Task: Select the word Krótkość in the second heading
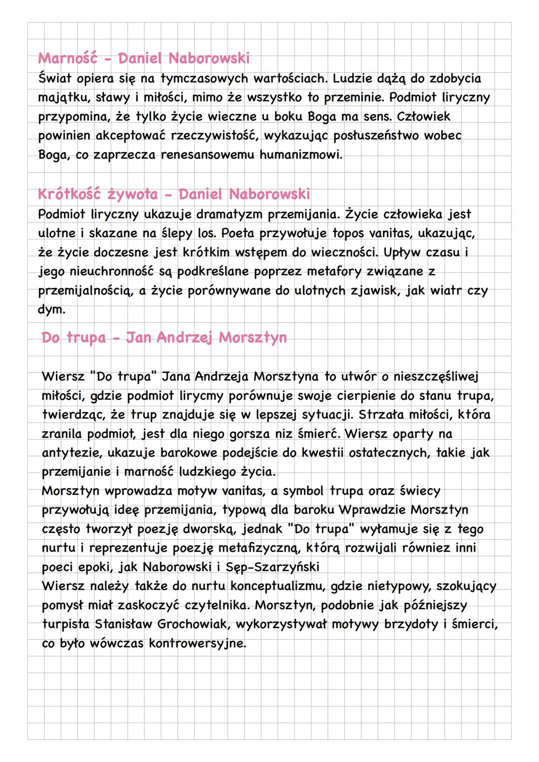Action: click(69, 194)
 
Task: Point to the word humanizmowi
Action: click(301, 155)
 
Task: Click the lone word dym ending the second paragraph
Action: click(51, 309)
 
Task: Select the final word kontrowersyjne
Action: click(197, 643)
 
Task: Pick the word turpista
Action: click(65, 624)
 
